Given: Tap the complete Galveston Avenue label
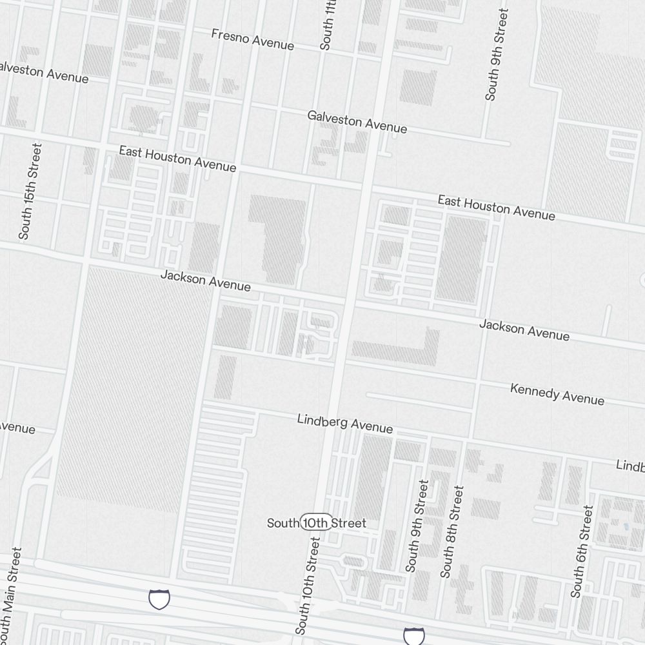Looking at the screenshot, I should coord(357,121).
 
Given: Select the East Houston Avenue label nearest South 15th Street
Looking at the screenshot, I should coord(177,159).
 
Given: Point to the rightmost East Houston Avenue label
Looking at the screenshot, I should coord(496,207).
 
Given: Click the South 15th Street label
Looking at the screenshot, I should coord(30,192).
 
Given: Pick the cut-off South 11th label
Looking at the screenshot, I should coord(328,26).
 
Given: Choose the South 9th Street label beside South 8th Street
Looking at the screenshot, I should coord(417,526).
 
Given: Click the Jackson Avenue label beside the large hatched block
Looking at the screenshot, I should coord(205,281).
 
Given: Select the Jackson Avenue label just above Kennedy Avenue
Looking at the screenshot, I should coord(524,329).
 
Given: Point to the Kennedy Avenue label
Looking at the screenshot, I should coord(557,393).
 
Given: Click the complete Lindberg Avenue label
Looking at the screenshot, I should coord(344,423).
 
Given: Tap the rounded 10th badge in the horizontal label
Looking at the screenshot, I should coord(316,522).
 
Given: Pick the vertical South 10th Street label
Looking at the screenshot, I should coord(308,586).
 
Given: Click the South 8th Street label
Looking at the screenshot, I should coord(451,531).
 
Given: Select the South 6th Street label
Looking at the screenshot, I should coord(581,551).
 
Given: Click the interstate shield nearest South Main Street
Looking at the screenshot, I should coord(159,599).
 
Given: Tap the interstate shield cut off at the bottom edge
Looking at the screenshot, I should coord(413,636).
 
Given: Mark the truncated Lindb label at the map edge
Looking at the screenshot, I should coord(630,465).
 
